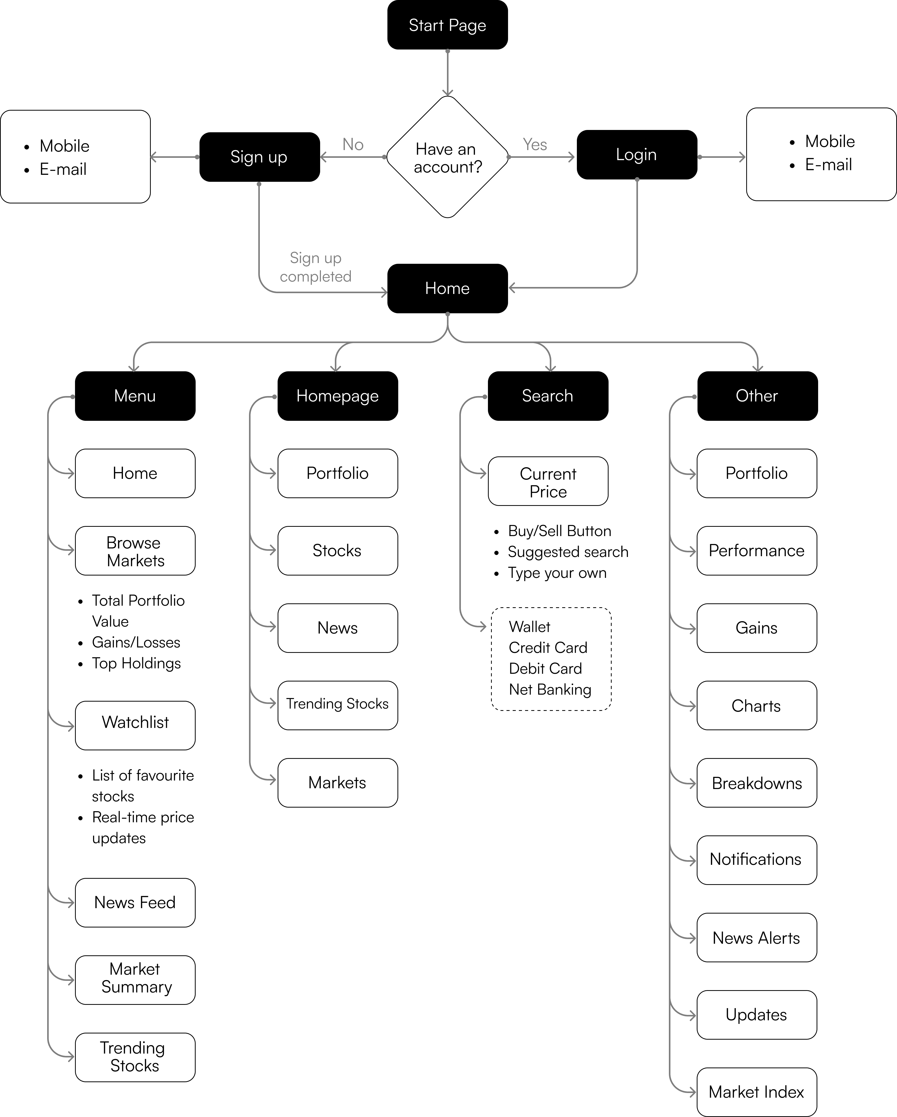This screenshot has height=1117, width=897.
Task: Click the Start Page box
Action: click(447, 25)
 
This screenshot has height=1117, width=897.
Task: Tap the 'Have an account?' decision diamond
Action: click(447, 157)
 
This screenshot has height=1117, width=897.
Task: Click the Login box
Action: click(636, 154)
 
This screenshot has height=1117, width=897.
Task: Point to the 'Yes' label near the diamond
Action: click(535, 145)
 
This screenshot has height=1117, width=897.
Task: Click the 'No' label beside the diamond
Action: click(353, 145)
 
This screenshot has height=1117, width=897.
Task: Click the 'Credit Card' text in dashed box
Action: click(548, 648)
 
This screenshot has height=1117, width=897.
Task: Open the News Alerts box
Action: click(757, 938)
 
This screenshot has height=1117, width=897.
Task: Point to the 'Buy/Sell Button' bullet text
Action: click(559, 531)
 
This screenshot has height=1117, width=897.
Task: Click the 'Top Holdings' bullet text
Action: click(136, 664)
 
